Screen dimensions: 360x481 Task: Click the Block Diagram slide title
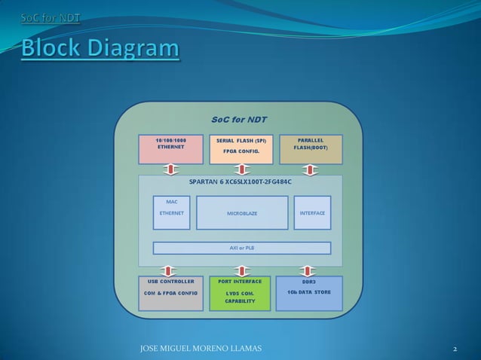coord(100,49)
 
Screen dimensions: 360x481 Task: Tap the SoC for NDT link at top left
coord(50,17)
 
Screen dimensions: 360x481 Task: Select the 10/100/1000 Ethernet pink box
coord(170,149)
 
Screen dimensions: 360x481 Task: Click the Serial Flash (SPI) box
coord(241,149)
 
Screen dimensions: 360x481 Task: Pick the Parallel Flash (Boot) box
coord(311,149)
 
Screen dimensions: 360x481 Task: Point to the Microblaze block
coord(242,213)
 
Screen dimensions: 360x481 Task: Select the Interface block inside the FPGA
coord(312,213)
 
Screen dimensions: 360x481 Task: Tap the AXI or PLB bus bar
coord(242,248)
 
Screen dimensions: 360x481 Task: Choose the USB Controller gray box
coord(170,294)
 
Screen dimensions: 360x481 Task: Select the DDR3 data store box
coord(310,294)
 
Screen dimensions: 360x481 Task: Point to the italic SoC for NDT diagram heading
coord(238,119)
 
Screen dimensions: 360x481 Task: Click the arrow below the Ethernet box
coord(170,169)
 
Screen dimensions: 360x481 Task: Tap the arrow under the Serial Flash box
coord(241,169)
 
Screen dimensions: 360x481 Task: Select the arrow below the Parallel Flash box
coord(311,169)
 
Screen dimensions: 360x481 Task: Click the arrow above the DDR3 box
coord(311,269)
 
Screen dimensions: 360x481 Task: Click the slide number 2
coord(455,349)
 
